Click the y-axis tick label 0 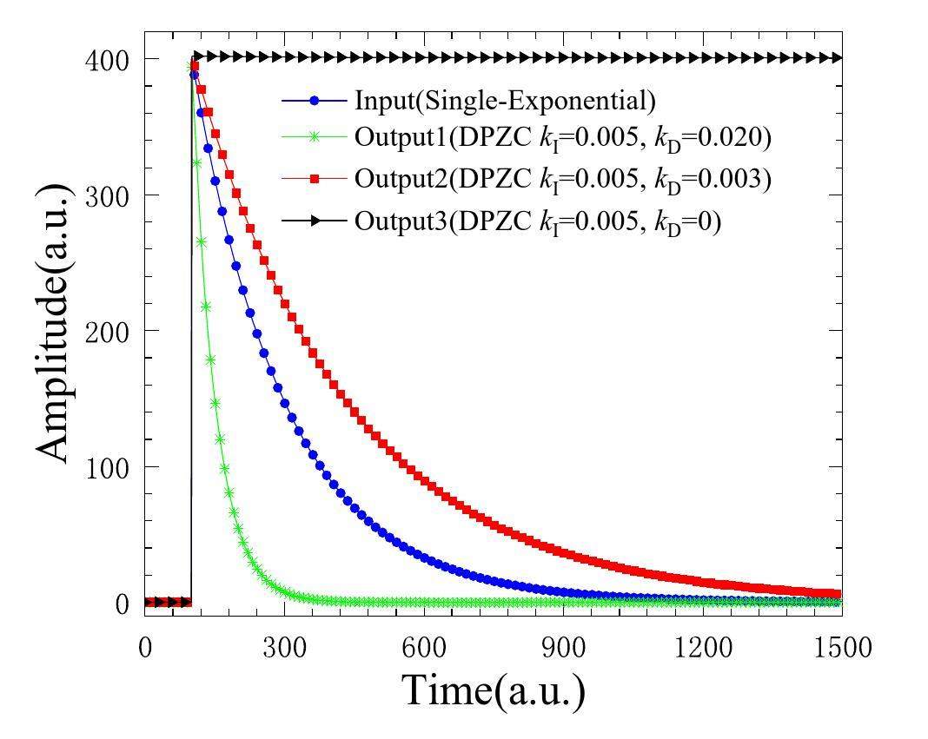pyautogui.click(x=122, y=604)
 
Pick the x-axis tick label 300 pyautogui.click(x=284, y=647)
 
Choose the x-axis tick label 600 pyautogui.click(x=424, y=647)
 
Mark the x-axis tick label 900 pyautogui.click(x=564, y=647)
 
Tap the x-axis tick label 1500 pyautogui.click(x=841, y=647)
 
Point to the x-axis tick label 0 pyautogui.click(x=145, y=647)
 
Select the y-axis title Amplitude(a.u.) pyautogui.click(x=54, y=322)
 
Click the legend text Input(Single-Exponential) pyautogui.click(x=505, y=101)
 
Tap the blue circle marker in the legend pyautogui.click(x=315, y=101)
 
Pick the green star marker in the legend pyautogui.click(x=315, y=137)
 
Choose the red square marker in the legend pyautogui.click(x=315, y=178)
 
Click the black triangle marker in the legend pyautogui.click(x=315, y=221)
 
